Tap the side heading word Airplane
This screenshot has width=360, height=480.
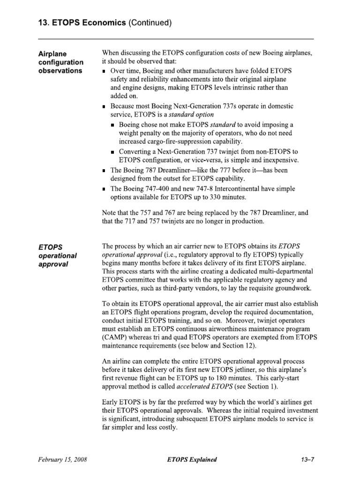[52, 54]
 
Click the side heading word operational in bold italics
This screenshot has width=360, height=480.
[57, 255]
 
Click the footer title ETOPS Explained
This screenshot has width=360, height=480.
[192, 460]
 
